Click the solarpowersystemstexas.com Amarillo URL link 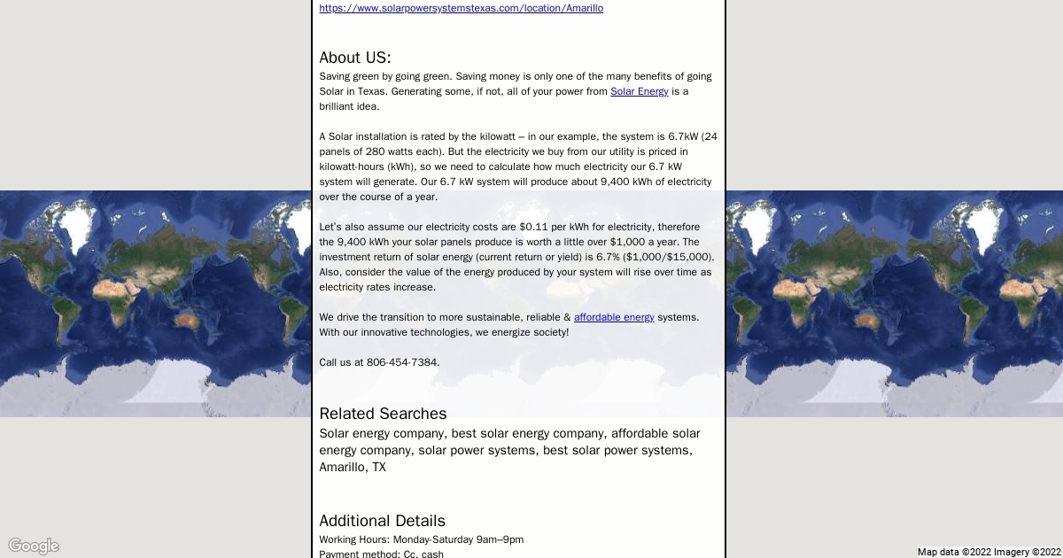click(x=461, y=8)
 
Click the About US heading click(x=354, y=58)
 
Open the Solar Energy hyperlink click(x=639, y=91)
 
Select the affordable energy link click(x=614, y=317)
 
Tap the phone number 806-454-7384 click(x=402, y=362)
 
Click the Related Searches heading click(x=383, y=414)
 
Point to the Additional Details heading click(x=382, y=521)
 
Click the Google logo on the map click(x=34, y=546)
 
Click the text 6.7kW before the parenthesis click(x=683, y=136)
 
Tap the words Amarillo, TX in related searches click(x=353, y=467)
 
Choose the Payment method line click(x=381, y=554)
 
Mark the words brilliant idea click(x=349, y=106)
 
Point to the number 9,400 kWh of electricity click(x=632, y=182)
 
